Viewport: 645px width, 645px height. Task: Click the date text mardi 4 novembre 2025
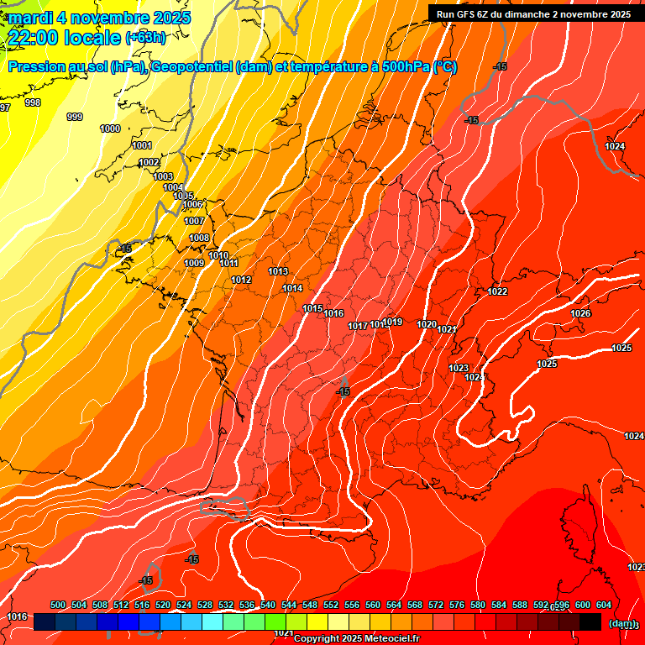(100, 18)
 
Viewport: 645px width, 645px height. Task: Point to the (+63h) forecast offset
(144, 37)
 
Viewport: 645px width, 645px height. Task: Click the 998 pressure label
(33, 102)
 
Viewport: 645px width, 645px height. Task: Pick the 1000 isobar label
(110, 128)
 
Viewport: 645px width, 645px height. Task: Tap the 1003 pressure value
(163, 176)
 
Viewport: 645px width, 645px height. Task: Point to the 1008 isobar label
(199, 238)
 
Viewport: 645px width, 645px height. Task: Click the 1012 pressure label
(242, 280)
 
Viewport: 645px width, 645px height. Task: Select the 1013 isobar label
(278, 271)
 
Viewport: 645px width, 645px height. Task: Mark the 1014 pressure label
(292, 288)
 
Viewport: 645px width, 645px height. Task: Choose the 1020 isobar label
(427, 324)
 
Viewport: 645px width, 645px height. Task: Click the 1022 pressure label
(497, 291)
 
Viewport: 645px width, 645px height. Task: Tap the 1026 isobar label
(580, 313)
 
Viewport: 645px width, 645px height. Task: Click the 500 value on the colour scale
(58, 605)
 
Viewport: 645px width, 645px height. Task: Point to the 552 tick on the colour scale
(331, 605)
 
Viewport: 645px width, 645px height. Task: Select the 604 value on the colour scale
(604, 605)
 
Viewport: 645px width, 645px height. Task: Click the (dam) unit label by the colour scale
(621, 622)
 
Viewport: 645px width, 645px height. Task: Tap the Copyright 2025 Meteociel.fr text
(356, 639)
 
